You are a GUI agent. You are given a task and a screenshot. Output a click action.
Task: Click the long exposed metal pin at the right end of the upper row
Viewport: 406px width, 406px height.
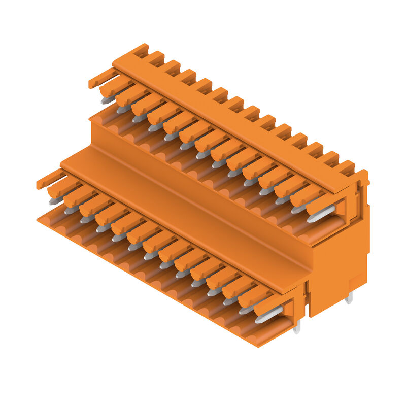(321, 214)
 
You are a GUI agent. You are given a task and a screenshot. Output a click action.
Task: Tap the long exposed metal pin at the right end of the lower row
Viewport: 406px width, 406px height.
(268, 315)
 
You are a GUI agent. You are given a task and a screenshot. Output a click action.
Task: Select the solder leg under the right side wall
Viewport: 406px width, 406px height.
(349, 298)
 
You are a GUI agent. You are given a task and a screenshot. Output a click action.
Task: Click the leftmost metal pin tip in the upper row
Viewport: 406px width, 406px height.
(107, 100)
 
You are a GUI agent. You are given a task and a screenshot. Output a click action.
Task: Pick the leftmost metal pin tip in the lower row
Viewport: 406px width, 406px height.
(55, 201)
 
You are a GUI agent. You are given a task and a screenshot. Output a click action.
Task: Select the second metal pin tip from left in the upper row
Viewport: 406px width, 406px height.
(123, 109)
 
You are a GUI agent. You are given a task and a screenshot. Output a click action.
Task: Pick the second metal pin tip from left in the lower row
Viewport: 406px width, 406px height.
(71, 210)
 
